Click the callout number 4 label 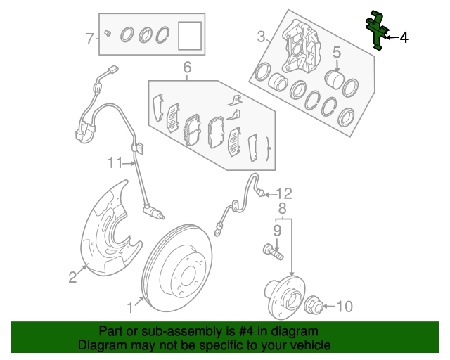tap(404, 38)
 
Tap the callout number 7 tap(89, 39)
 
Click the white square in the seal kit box tap(188, 35)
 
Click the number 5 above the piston tap(337, 51)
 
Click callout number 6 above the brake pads tap(187, 67)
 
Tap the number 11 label tap(115, 163)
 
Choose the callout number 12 tap(283, 193)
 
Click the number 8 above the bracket tap(282, 208)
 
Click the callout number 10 tap(344, 307)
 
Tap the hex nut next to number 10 tap(314, 306)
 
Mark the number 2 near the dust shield tap(72, 277)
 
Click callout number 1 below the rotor tap(129, 307)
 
